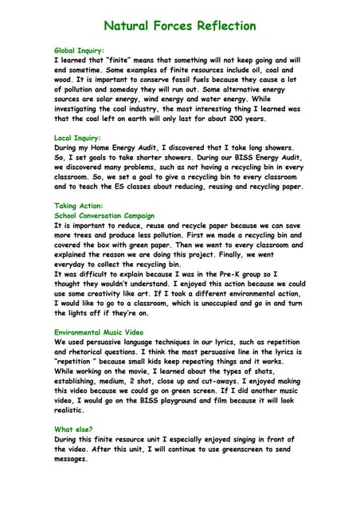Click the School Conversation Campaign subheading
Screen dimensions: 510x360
click(x=104, y=215)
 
